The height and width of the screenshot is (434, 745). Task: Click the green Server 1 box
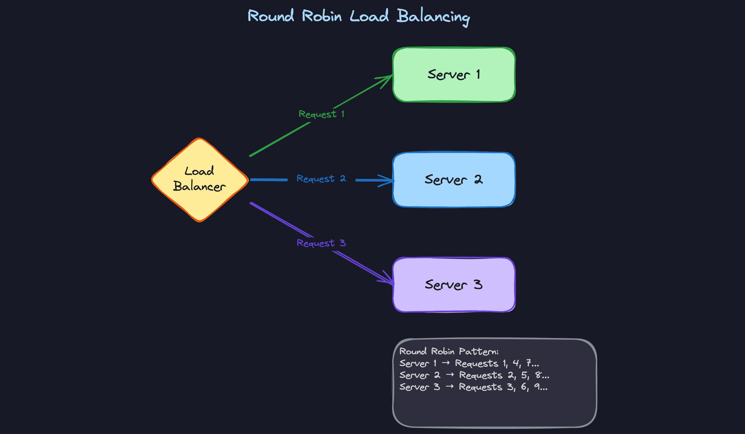[x=454, y=75]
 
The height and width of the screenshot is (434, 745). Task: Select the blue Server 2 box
[x=454, y=180]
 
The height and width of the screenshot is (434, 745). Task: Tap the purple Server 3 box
[x=454, y=285]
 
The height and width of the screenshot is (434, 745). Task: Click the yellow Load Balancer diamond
[x=199, y=179]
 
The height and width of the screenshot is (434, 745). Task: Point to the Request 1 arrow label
[x=321, y=114]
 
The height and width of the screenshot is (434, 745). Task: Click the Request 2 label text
[x=321, y=179]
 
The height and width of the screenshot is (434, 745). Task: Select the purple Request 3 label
[x=321, y=243]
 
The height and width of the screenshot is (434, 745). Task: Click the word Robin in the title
[x=322, y=16]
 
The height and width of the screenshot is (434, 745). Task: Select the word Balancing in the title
[x=433, y=17]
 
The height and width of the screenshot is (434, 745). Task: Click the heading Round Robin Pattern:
[x=449, y=351]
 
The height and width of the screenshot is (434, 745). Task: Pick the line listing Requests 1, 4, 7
[x=469, y=363]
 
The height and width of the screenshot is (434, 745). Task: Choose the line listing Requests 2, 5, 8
[x=474, y=375]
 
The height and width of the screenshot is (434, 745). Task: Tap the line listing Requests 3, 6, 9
[x=473, y=387]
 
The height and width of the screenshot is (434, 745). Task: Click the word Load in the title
[x=369, y=16]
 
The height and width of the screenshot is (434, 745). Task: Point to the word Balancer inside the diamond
[x=199, y=187]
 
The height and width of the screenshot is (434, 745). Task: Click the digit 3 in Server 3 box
[x=478, y=285]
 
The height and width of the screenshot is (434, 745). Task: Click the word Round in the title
[x=271, y=16]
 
